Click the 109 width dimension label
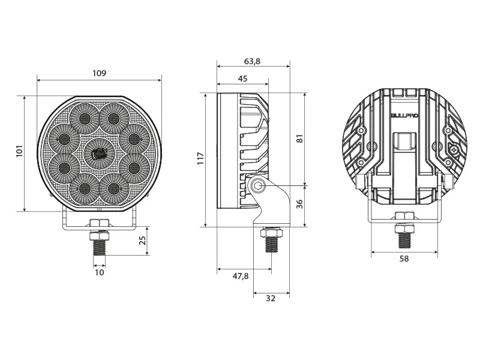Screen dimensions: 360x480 99,73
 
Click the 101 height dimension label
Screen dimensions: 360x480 19,151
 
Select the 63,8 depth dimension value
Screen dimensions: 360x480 253,61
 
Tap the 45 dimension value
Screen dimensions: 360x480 242,79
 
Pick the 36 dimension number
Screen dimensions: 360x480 300,203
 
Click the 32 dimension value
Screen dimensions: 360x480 270,298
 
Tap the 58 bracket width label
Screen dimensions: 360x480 404,259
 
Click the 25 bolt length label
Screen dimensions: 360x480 142,241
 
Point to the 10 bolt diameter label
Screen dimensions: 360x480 100,272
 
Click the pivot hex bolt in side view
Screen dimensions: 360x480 259,185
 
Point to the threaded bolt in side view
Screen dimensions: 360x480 270,244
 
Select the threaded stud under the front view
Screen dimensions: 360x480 99,243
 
